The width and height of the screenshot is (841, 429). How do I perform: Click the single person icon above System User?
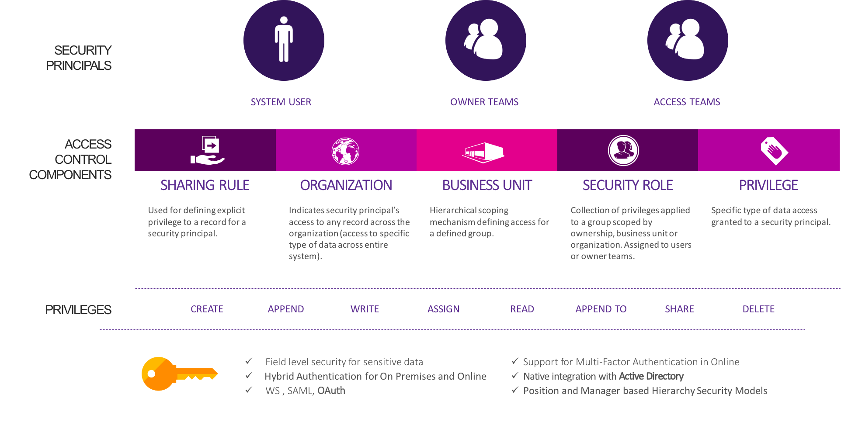point(284,39)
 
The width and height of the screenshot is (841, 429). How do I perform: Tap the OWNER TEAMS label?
point(484,102)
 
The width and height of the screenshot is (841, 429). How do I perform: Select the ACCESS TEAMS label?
point(687,102)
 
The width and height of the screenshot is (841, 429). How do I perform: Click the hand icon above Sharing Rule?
point(208,150)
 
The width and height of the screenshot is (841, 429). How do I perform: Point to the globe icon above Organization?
point(345,151)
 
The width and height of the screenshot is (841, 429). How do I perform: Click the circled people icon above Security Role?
point(624,150)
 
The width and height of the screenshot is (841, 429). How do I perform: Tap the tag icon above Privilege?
point(774,151)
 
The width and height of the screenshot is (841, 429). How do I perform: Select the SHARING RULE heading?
point(205,185)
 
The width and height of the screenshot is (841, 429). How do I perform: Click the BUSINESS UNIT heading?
point(487,185)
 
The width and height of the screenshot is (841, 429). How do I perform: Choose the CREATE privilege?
point(207,309)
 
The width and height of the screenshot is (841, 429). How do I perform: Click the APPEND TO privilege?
point(601,309)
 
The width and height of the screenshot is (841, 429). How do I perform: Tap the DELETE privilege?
point(758,309)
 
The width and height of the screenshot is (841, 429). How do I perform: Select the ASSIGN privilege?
point(443,309)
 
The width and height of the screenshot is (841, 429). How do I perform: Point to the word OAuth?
point(331,391)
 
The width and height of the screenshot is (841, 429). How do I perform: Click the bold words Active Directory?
point(651,376)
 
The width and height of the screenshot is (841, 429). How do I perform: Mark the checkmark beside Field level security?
point(249,361)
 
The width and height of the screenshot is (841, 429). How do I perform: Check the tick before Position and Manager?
point(515,390)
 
